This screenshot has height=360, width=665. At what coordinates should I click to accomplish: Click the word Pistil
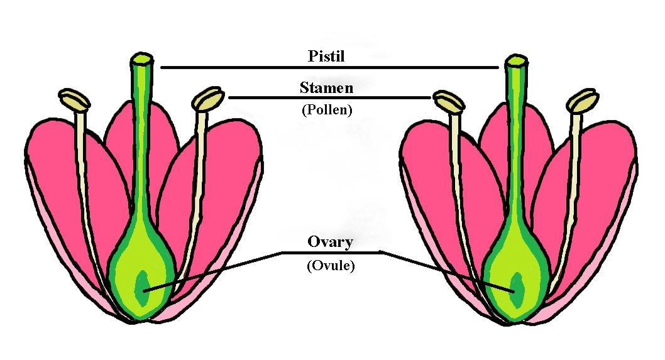pos(327,55)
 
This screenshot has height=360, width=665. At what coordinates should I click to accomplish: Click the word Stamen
pos(326,87)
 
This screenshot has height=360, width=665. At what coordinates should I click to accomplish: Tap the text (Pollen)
pos(326,109)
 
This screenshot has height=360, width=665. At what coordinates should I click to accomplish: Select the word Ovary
pos(330,242)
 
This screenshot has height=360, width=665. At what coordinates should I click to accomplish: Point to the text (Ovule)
pos(331,266)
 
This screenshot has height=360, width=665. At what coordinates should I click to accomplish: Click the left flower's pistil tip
pos(141,60)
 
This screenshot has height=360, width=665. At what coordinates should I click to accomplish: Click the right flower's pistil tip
pos(517,61)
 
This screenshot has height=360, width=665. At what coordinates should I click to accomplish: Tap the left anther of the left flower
pos(74,99)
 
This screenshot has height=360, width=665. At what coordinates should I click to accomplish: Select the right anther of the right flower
pos(582,100)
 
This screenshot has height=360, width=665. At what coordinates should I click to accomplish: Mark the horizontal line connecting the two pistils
pos(327,67)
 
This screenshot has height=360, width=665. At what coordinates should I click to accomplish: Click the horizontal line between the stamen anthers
pos(327,97)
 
